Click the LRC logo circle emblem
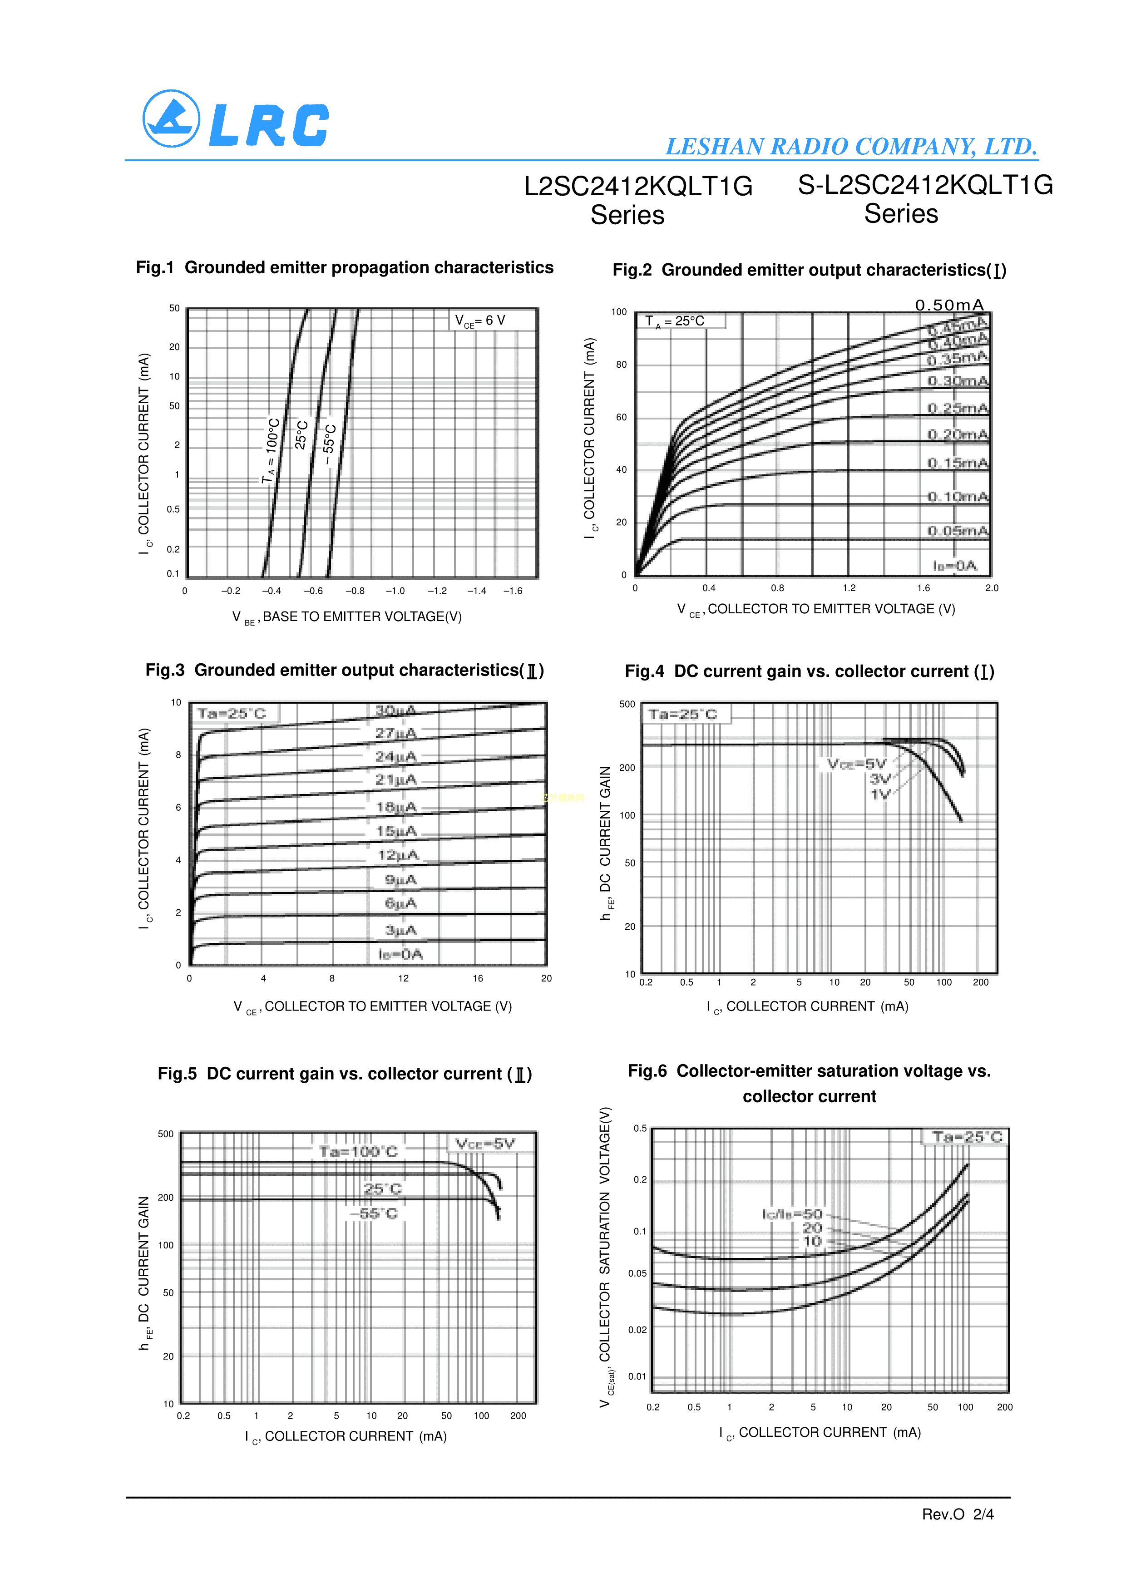click(x=171, y=118)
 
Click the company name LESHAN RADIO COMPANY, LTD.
click(x=851, y=146)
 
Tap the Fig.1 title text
click(x=344, y=268)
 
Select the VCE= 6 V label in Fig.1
click(x=480, y=321)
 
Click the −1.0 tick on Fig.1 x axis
click(x=395, y=591)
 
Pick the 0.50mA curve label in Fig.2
click(x=949, y=305)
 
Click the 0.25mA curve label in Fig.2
click(x=958, y=408)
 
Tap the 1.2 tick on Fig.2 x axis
click(x=849, y=587)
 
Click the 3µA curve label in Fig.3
click(x=401, y=930)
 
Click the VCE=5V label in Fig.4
click(x=857, y=764)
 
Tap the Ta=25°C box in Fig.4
click(x=683, y=714)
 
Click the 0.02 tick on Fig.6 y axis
click(x=637, y=1330)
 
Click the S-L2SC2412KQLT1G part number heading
click(x=925, y=185)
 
